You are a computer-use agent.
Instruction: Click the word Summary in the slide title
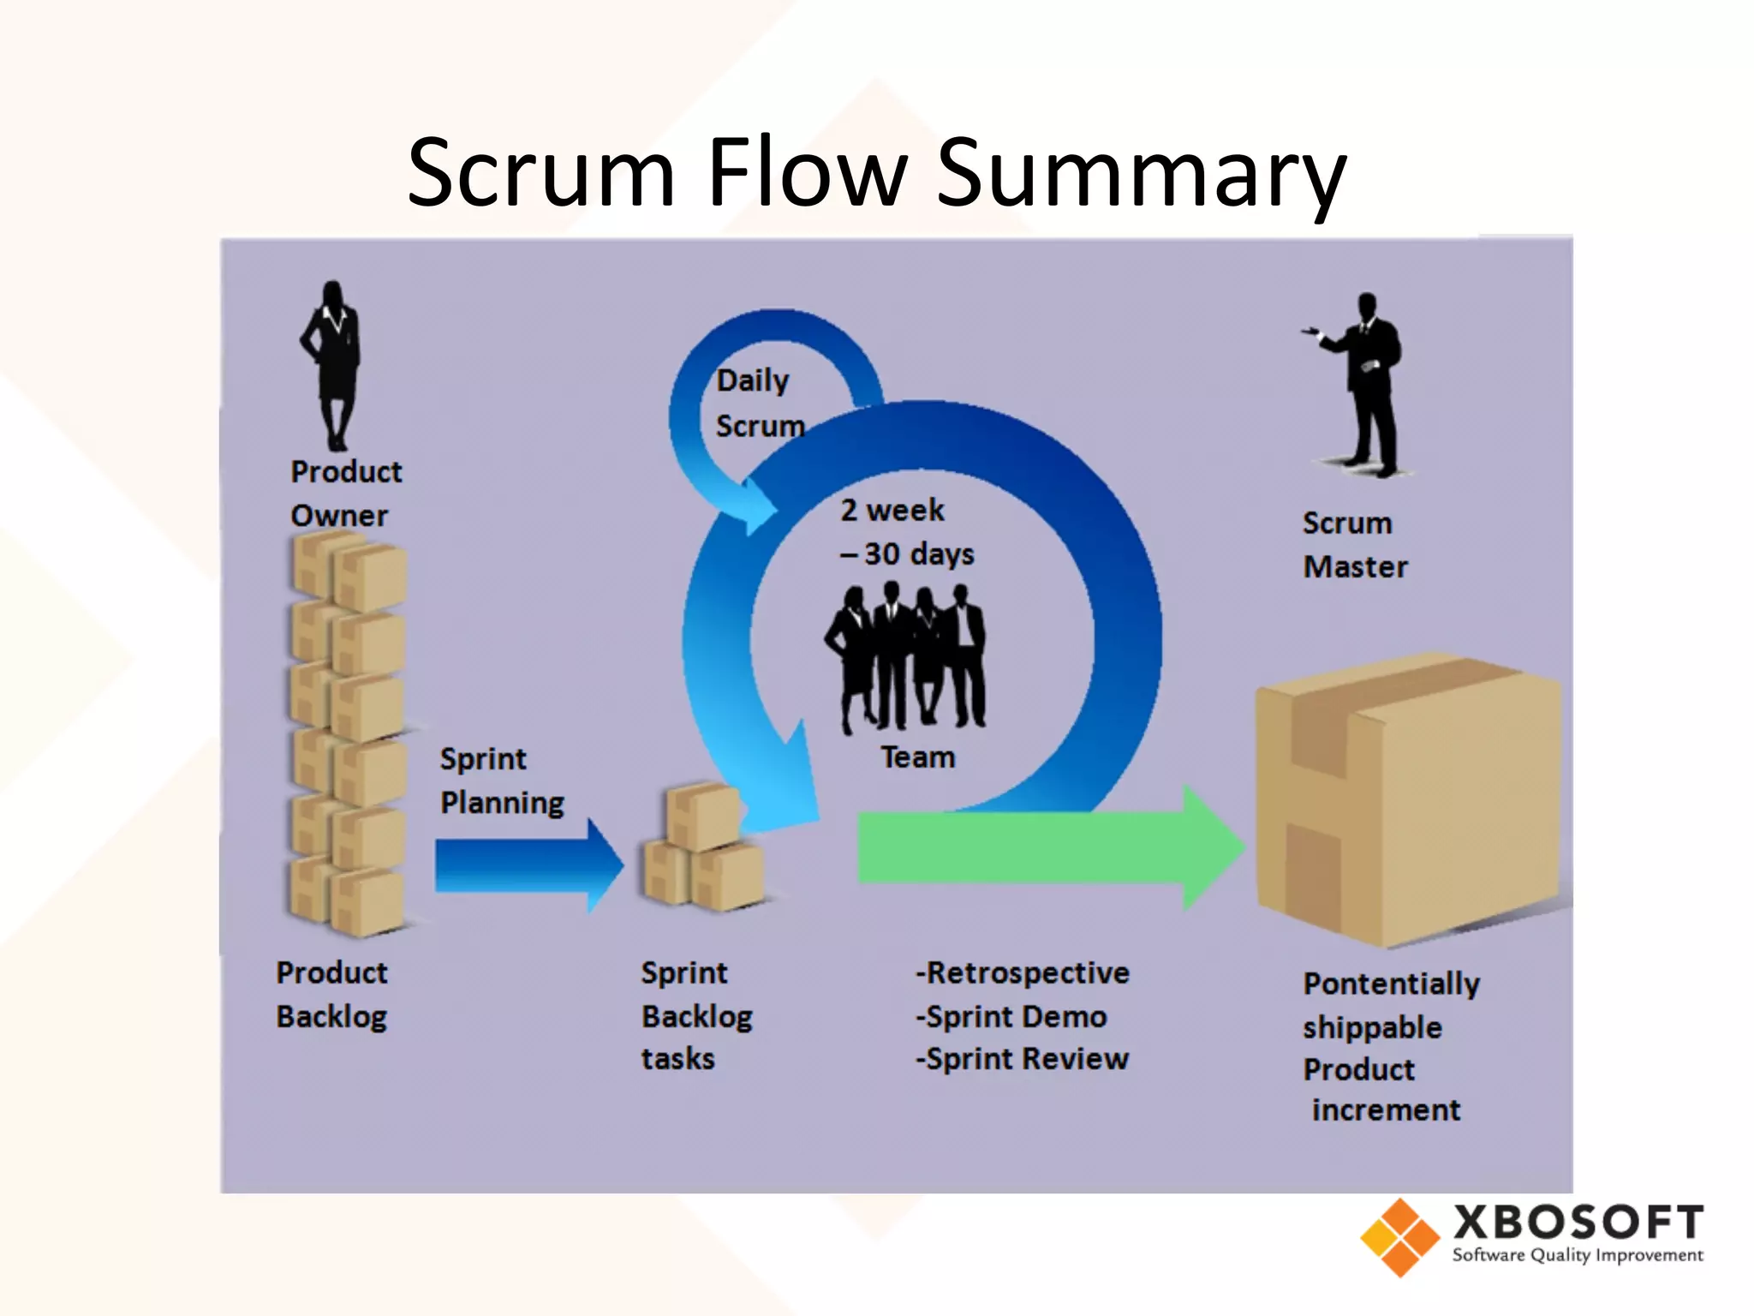(x=1142, y=176)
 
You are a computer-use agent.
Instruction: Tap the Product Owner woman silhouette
(x=333, y=364)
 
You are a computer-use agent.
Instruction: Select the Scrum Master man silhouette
(x=1367, y=386)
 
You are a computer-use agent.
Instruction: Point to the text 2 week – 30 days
(x=906, y=532)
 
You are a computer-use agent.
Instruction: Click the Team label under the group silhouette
(x=917, y=757)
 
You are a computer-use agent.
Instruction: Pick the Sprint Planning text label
(x=501, y=781)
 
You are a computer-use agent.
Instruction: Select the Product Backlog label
(x=331, y=995)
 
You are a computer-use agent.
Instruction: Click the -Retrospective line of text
(x=1023, y=973)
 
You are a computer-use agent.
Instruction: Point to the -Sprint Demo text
(x=1011, y=1017)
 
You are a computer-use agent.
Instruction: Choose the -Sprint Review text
(x=1023, y=1059)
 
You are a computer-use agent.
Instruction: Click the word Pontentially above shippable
(x=1391, y=984)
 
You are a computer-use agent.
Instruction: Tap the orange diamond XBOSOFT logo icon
(x=1399, y=1237)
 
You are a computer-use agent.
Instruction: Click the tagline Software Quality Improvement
(x=1577, y=1256)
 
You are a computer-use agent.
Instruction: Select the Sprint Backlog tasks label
(x=696, y=1016)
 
